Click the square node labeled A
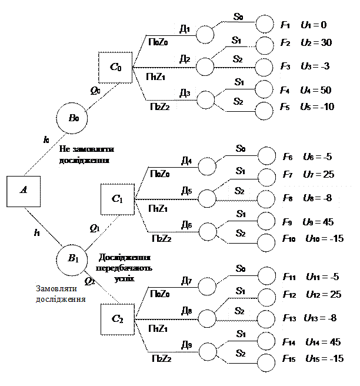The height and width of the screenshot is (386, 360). (x=24, y=190)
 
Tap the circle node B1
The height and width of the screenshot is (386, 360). (x=72, y=259)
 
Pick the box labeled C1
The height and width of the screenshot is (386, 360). (x=117, y=199)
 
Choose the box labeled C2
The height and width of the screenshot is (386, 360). (x=117, y=320)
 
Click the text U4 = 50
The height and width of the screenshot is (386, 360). (x=315, y=91)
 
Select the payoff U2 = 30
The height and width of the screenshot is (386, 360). (x=316, y=43)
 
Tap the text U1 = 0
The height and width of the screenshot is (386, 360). (x=313, y=25)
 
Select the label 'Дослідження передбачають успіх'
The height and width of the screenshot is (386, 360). (x=125, y=268)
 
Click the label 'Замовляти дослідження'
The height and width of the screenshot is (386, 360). (x=61, y=294)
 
